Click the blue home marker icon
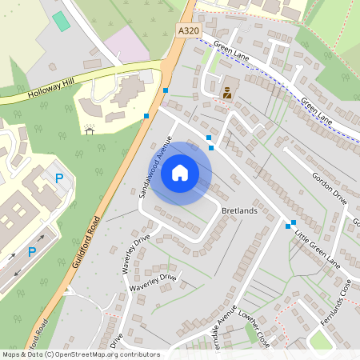click(180, 173)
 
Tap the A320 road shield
click(186, 30)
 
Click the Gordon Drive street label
click(329, 189)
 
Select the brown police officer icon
click(227, 92)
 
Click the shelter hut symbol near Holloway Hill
click(89, 129)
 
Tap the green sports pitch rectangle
click(61, 22)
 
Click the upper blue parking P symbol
click(59, 179)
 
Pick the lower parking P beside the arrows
click(32, 252)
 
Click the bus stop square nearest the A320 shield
click(166, 90)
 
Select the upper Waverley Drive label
click(137, 254)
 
